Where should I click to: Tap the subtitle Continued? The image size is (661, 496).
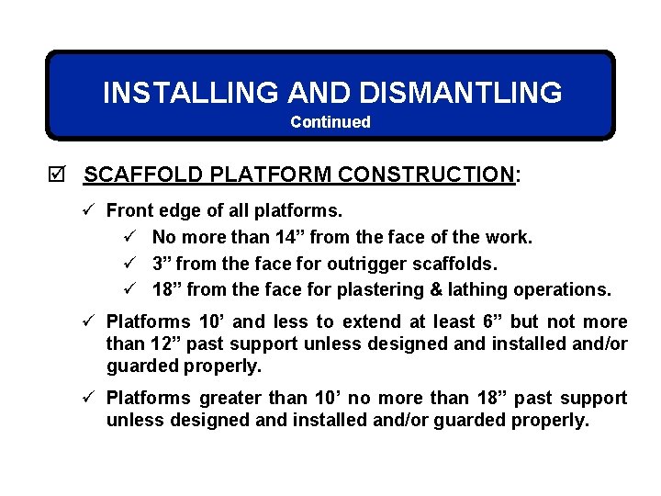click(330, 122)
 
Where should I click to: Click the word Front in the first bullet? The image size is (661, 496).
click(128, 211)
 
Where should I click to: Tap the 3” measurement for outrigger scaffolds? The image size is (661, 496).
click(162, 264)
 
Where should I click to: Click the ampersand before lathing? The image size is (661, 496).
click(410, 290)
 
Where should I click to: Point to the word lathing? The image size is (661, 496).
click(450, 290)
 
